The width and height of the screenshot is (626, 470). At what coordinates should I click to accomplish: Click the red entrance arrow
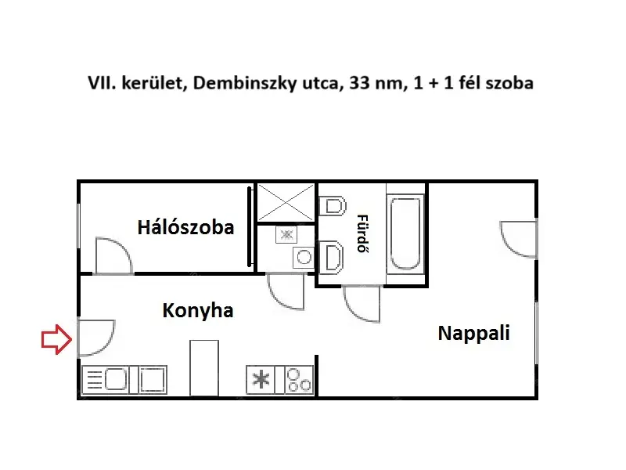(x=56, y=339)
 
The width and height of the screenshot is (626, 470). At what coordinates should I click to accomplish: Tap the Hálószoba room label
(x=185, y=227)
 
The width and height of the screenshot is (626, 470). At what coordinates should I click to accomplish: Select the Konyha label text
(x=198, y=310)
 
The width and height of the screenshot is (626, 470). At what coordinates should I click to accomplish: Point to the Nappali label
(x=474, y=333)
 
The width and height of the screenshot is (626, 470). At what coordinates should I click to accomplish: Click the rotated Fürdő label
(x=362, y=233)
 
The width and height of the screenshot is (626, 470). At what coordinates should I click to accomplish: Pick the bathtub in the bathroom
(x=405, y=233)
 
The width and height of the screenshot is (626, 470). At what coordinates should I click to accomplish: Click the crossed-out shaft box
(x=286, y=203)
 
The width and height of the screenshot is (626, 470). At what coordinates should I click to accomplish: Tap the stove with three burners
(x=299, y=380)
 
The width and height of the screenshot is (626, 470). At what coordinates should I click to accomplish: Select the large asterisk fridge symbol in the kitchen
(x=261, y=379)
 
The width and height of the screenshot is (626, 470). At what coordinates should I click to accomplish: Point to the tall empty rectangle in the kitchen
(x=204, y=368)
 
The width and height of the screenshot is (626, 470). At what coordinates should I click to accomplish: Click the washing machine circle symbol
(x=304, y=258)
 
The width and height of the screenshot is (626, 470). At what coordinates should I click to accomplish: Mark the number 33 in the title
(x=359, y=83)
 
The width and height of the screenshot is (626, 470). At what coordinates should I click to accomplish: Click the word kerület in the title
(x=152, y=83)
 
